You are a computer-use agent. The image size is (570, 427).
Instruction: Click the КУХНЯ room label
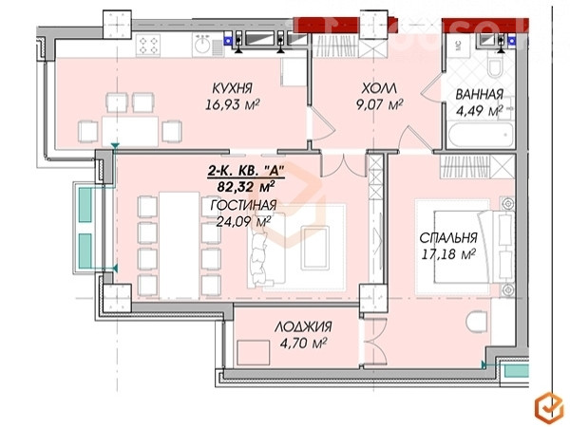232,88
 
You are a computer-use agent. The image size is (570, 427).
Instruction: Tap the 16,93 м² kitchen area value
232,105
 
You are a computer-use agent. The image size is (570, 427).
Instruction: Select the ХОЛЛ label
379,88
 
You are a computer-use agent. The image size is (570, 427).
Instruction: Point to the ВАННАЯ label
479,94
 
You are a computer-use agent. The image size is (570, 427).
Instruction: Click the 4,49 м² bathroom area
479,111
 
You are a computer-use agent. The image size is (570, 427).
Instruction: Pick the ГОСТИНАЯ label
243,205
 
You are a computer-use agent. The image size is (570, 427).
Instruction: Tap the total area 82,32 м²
246,187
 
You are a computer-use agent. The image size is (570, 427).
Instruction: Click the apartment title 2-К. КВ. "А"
245,170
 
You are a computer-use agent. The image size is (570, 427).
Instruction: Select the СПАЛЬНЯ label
448,238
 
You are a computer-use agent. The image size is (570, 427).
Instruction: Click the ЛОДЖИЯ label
303,326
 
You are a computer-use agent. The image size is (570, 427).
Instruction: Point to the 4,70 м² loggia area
303,343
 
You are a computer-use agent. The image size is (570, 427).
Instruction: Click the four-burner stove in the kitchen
148,45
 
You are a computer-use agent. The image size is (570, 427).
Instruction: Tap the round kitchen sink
202,46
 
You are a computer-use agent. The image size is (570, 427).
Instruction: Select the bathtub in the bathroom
481,135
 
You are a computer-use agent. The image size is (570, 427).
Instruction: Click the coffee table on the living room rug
315,248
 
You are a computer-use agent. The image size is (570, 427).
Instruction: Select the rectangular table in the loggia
253,353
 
